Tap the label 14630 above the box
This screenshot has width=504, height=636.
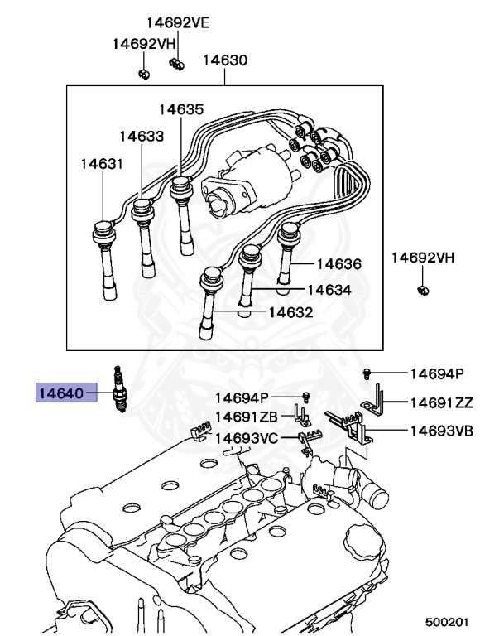tap(225, 60)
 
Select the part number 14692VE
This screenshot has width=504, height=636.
tap(178, 23)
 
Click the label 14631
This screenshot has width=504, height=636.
tap(101, 164)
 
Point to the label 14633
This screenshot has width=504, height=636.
tap(141, 136)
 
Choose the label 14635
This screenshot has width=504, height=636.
tap(181, 108)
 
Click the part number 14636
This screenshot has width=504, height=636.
tap(339, 264)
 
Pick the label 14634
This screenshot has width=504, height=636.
tap(329, 290)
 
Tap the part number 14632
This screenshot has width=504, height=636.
tap(290, 312)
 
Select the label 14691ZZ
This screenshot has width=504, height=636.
tap(442, 402)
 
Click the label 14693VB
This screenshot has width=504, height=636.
tap(442, 431)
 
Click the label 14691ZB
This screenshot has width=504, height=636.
tap(247, 417)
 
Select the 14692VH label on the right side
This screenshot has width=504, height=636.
tap(423, 258)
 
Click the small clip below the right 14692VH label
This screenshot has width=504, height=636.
tap(422, 290)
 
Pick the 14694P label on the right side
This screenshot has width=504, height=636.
tap(436, 374)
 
